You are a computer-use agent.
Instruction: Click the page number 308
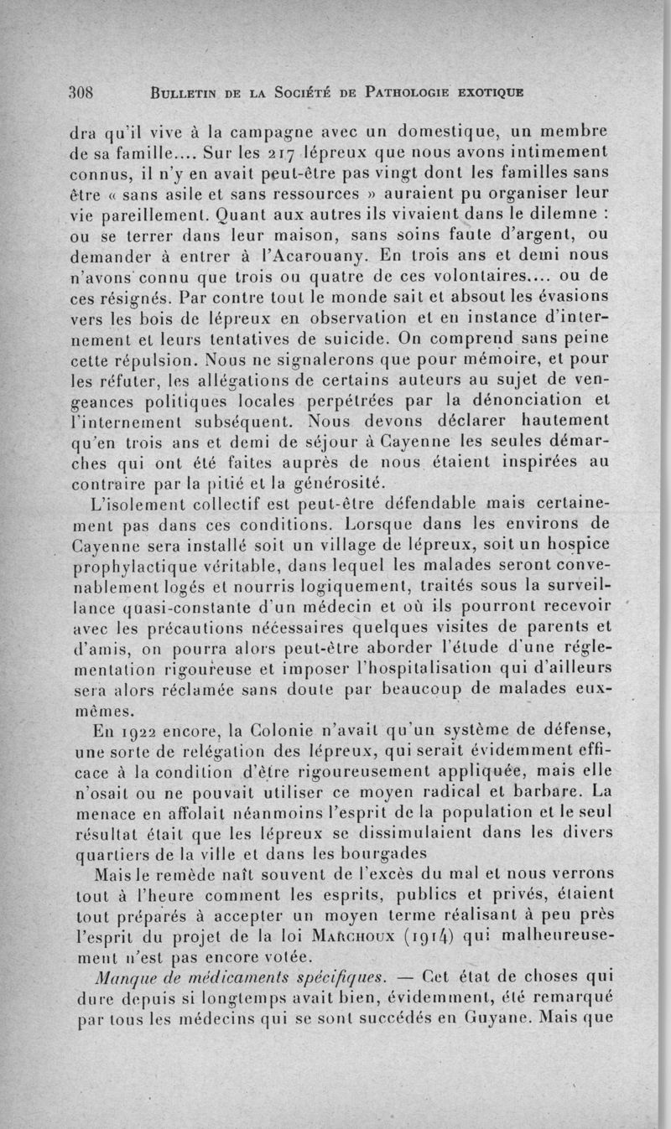(x=84, y=91)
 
